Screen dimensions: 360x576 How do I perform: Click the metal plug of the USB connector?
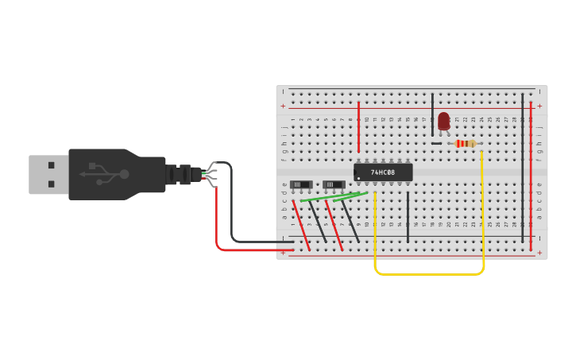point(48,174)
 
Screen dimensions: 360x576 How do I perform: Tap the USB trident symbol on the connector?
point(104,174)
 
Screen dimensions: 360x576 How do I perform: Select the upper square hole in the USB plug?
point(52,165)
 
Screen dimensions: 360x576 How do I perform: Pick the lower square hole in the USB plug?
point(52,184)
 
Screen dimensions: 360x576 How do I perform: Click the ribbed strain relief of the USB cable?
point(180,174)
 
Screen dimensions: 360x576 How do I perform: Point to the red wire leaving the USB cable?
point(217,223)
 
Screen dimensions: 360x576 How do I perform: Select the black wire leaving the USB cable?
point(232,207)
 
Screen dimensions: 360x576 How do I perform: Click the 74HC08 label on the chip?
point(383,172)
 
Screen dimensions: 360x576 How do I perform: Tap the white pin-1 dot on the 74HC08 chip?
point(358,178)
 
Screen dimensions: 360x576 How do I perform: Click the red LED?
point(443,121)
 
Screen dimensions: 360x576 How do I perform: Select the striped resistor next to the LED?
point(466,144)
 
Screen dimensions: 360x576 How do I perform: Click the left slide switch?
point(300,184)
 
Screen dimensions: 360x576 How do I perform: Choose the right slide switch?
point(334,184)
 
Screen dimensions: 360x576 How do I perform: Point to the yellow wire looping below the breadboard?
point(429,274)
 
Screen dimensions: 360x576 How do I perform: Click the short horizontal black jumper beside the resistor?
point(436,144)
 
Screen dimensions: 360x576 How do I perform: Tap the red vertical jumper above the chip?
point(358,127)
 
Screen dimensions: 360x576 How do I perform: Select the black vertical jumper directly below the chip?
point(408,216)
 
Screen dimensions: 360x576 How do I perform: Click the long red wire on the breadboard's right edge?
point(531,175)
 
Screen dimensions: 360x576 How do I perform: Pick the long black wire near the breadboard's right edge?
point(522,167)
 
